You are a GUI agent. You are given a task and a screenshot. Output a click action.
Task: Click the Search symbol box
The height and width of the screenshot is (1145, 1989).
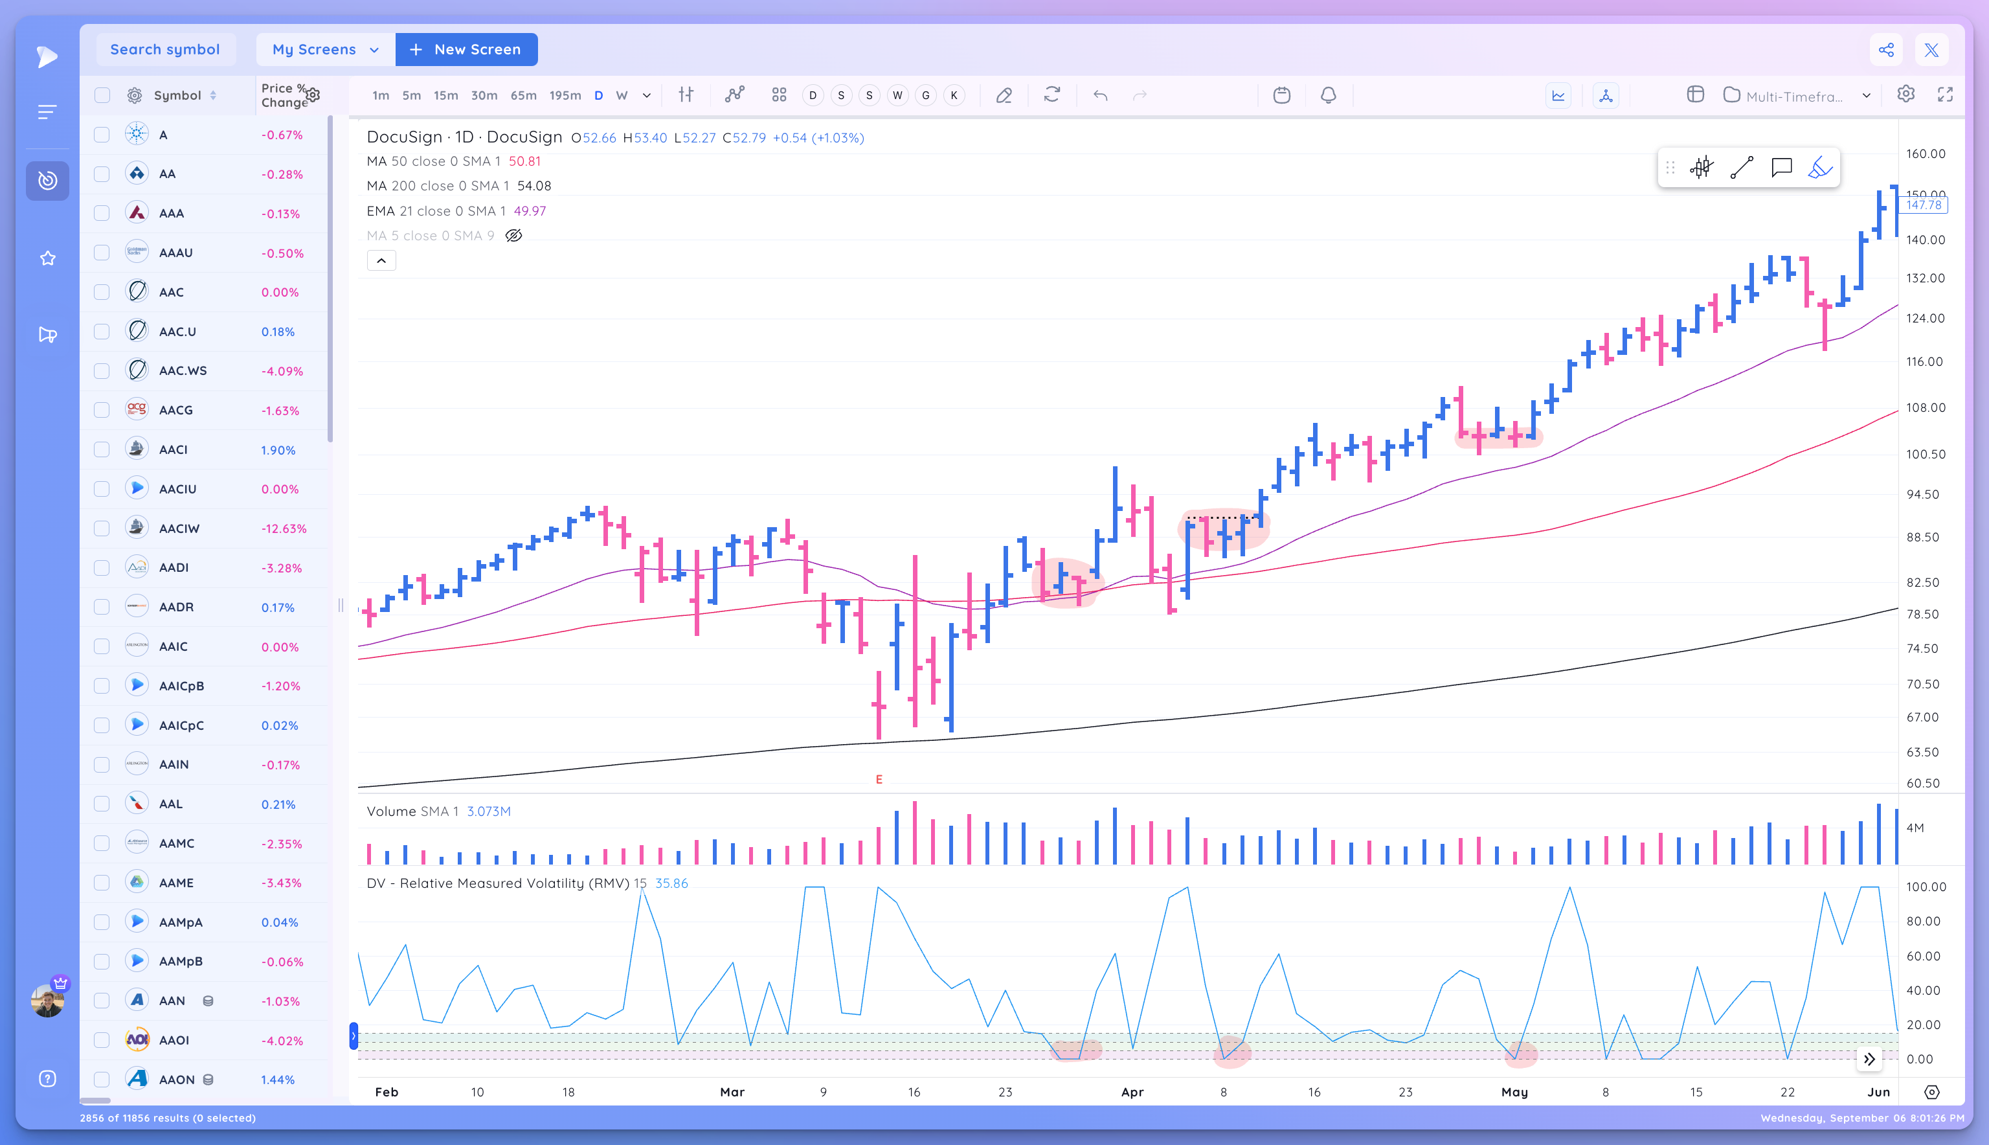[165, 49]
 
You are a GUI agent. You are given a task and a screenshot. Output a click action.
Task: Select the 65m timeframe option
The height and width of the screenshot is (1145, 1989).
[523, 95]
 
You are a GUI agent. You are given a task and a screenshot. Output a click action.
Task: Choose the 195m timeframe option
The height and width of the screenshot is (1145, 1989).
[565, 95]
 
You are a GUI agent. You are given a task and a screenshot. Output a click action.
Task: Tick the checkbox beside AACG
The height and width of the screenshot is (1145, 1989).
[102, 410]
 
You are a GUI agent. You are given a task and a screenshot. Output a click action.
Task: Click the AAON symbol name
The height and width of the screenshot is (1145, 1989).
[177, 1080]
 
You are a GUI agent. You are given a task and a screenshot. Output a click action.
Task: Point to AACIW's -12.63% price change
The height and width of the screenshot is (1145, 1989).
[284, 528]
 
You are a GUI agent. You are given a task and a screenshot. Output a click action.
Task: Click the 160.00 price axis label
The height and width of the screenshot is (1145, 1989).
[1926, 154]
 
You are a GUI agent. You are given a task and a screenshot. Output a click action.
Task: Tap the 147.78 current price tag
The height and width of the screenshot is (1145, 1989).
[1923, 205]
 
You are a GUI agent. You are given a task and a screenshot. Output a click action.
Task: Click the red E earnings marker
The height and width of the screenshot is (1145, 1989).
[879, 779]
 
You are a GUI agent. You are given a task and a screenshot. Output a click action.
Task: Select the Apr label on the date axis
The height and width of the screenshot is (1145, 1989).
[1132, 1091]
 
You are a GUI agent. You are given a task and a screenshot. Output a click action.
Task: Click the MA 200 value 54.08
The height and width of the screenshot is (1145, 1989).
[534, 187]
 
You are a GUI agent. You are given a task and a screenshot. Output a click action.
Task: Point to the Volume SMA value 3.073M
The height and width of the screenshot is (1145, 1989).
[488, 811]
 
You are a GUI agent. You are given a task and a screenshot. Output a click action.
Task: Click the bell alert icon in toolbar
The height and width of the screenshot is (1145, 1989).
[1328, 95]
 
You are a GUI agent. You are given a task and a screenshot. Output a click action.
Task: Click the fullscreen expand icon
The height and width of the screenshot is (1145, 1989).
[1945, 95]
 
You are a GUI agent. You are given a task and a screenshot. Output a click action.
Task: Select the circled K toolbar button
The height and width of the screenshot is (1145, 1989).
[954, 95]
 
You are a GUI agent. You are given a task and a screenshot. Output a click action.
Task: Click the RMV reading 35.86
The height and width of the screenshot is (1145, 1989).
[671, 883]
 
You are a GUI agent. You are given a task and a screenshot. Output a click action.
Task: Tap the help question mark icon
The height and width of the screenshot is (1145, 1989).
[48, 1078]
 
